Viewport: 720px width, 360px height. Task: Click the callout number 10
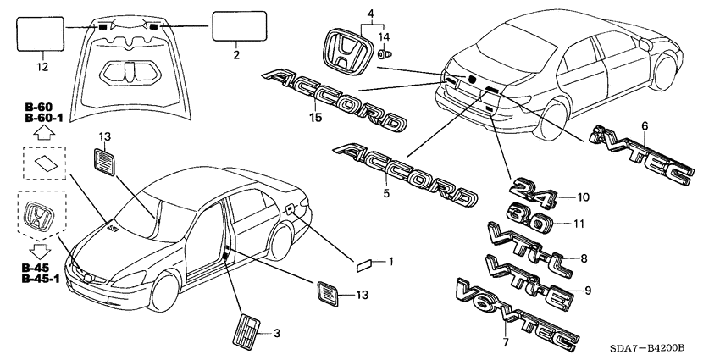click(x=582, y=197)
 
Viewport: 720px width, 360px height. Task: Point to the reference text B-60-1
click(x=43, y=119)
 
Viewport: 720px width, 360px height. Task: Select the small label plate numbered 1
click(x=365, y=263)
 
